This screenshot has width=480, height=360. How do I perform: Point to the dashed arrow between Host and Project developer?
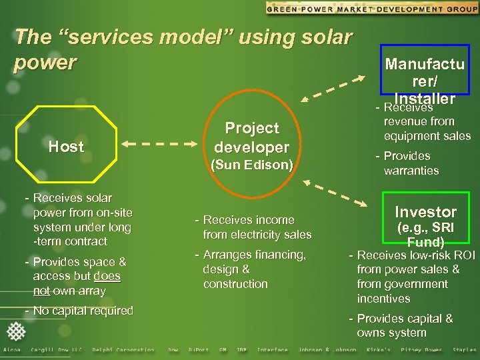(x=161, y=143)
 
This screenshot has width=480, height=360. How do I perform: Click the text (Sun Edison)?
(x=252, y=163)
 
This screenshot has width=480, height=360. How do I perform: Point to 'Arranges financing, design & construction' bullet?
(x=250, y=269)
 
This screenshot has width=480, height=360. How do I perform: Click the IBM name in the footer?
(x=241, y=350)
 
